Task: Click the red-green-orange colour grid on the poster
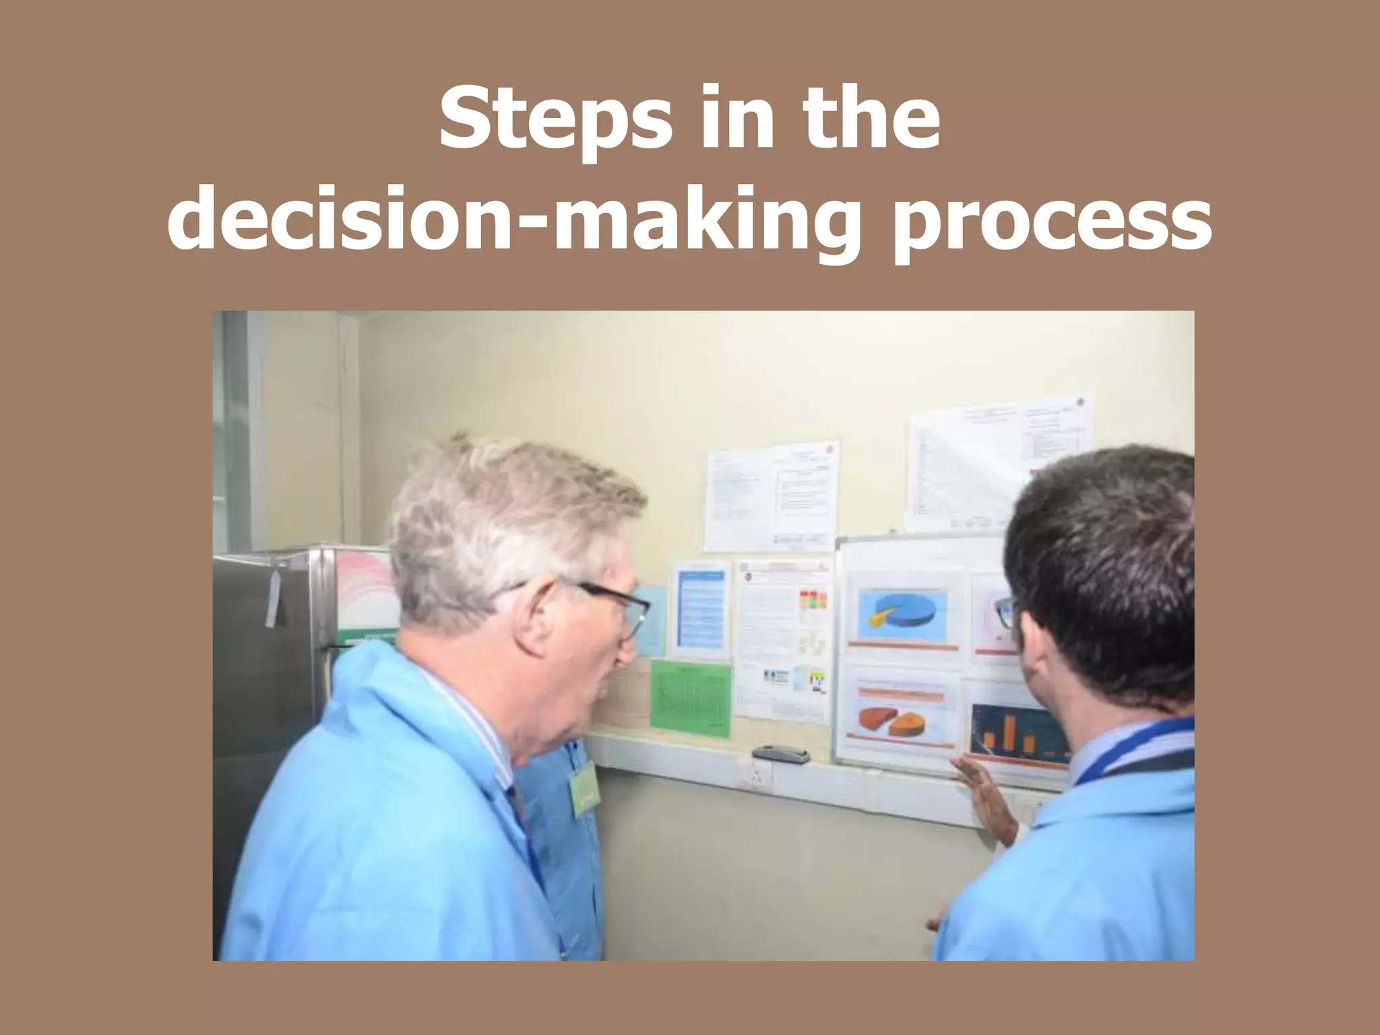coord(812,600)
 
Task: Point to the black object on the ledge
coord(780,753)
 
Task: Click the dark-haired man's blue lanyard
coord(1139,745)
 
